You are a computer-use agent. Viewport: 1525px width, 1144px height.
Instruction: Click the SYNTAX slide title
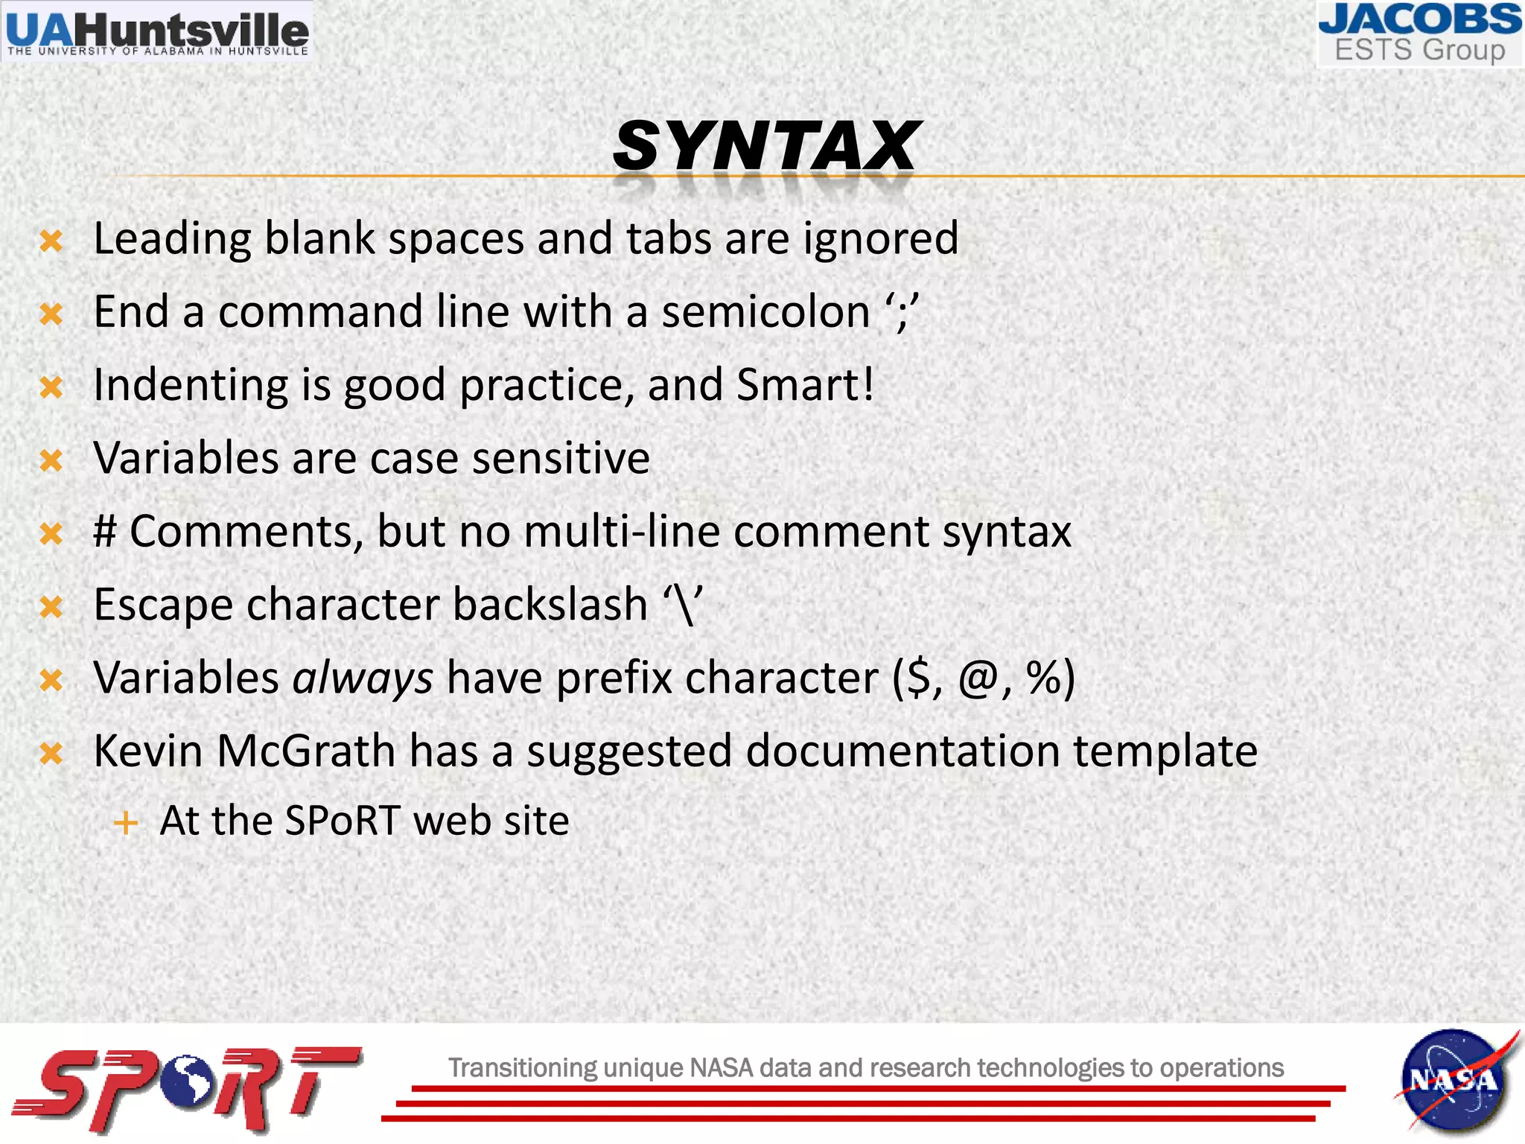pyautogui.click(x=766, y=146)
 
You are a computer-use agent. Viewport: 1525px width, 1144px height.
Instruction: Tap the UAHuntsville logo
pyautogui.click(x=156, y=32)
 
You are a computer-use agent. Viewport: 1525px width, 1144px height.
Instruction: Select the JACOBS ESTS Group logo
pyautogui.click(x=1420, y=34)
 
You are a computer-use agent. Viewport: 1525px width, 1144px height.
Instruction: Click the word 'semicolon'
pyautogui.click(x=765, y=311)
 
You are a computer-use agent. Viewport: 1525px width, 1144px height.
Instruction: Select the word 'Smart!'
pyautogui.click(x=805, y=384)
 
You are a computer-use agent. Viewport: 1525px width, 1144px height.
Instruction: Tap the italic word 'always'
pyautogui.click(x=363, y=678)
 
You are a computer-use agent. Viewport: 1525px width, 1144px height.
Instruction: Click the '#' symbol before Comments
pyautogui.click(x=105, y=531)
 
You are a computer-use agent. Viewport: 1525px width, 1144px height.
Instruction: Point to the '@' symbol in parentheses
pyautogui.click(x=978, y=678)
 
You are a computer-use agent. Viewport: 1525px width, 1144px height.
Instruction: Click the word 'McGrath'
pyautogui.click(x=306, y=751)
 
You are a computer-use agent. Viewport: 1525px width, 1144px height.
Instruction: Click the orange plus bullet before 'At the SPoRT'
pyautogui.click(x=126, y=823)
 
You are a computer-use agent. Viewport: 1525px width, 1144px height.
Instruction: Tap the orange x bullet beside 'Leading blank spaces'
pyautogui.click(x=51, y=241)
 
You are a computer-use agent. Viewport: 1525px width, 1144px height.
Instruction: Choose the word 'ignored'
pyautogui.click(x=880, y=239)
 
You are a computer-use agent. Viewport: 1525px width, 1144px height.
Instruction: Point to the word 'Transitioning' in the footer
pyautogui.click(x=522, y=1067)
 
